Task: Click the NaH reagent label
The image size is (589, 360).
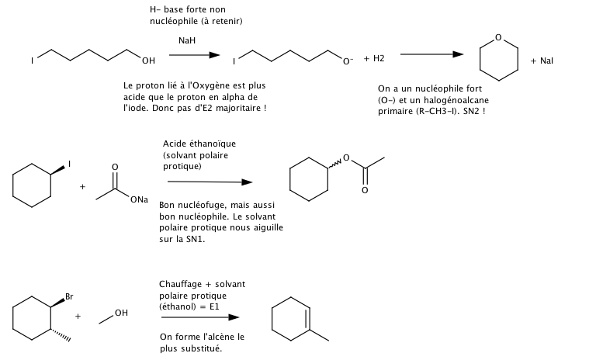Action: coord(186,40)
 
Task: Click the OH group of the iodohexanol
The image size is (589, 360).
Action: coord(148,60)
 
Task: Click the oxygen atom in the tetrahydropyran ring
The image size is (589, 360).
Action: coord(498,36)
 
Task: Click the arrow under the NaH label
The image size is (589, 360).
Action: coord(189,55)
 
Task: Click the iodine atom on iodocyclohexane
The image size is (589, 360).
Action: coord(69,163)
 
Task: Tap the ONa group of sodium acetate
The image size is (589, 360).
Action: coord(141,201)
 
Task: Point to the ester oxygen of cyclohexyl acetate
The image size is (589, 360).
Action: coord(347,159)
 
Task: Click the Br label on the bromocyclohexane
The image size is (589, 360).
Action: coord(68,296)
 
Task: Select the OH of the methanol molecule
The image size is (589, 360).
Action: coord(120,312)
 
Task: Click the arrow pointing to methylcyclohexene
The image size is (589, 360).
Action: coord(199,317)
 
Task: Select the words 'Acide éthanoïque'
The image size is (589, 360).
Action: coord(194,144)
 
